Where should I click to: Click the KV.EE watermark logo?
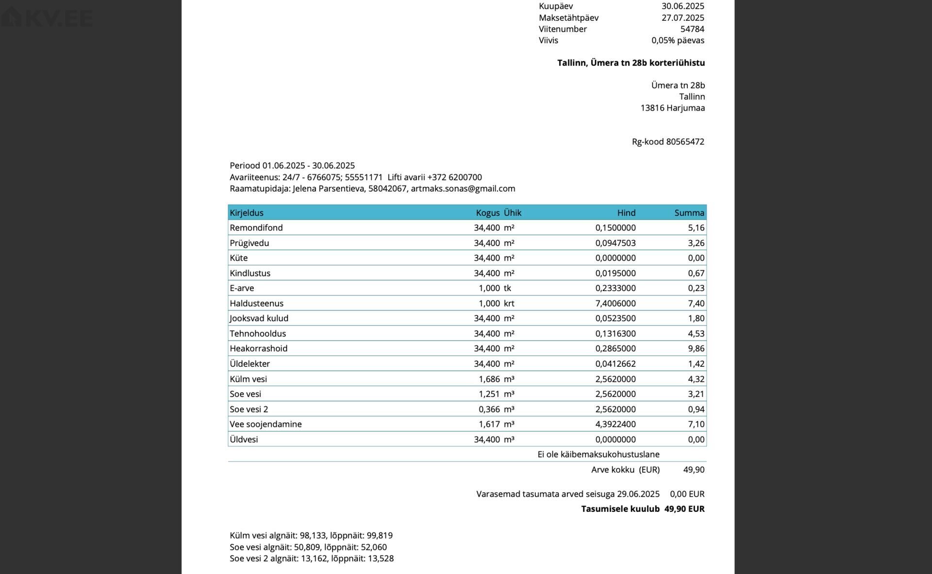point(48,18)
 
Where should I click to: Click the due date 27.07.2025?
point(682,18)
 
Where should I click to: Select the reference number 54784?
point(692,29)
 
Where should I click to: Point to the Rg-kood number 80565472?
point(685,142)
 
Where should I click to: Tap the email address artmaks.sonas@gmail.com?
point(463,189)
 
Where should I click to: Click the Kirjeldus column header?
point(247,213)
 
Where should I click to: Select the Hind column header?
point(626,213)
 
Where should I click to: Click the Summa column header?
point(689,213)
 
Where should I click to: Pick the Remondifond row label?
point(256,228)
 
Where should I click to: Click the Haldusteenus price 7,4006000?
point(616,304)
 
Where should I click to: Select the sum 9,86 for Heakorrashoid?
point(696,349)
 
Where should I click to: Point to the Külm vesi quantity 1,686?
point(489,379)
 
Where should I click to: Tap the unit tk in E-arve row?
point(507,288)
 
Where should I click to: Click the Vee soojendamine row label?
point(266,425)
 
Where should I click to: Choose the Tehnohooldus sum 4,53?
point(696,334)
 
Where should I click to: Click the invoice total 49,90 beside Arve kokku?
point(694,470)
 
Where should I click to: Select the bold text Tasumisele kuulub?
point(620,509)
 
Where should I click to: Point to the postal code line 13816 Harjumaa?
point(672,108)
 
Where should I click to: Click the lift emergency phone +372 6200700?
point(454,178)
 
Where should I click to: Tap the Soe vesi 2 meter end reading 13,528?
point(381,558)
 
